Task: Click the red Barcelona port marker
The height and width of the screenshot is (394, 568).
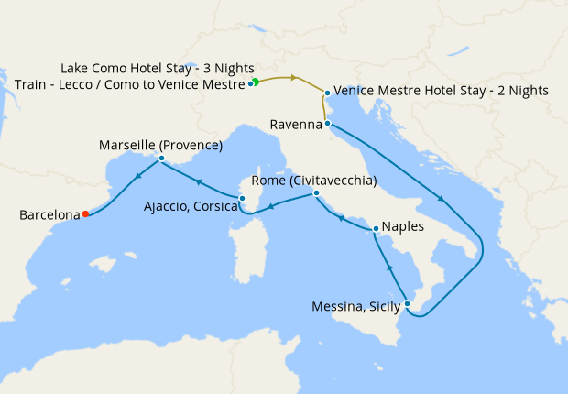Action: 85,214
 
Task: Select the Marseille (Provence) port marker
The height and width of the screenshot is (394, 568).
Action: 161,159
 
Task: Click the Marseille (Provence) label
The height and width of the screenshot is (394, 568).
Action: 161,145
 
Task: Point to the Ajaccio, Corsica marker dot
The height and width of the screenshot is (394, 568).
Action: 242,198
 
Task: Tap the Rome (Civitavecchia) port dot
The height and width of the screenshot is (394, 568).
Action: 315,193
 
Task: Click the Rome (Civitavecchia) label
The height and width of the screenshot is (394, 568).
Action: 313,181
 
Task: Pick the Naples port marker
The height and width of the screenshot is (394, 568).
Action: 376,228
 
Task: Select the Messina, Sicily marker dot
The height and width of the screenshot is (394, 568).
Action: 408,304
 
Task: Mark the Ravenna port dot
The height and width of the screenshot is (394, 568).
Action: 327,124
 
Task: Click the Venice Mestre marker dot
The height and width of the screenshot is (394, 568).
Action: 326,92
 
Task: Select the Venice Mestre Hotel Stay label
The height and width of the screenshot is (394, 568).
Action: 442,91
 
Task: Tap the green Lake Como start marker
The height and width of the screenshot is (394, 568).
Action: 256,82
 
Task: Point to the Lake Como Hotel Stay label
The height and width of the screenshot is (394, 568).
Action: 158,69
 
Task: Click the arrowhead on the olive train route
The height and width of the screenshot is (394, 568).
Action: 293,78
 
